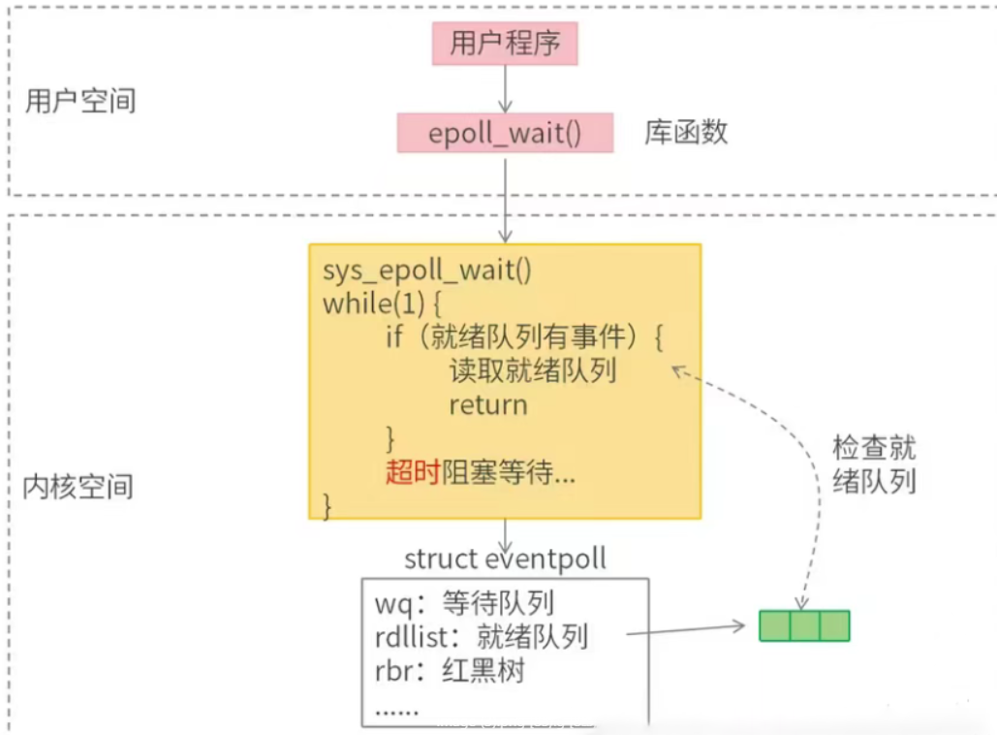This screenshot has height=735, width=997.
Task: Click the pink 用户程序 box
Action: [505, 44]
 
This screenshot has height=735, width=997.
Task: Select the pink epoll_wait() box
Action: [505, 133]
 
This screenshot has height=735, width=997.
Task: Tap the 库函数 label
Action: [686, 133]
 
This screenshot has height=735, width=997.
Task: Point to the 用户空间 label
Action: [80, 101]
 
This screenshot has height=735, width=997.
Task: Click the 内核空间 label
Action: [78, 486]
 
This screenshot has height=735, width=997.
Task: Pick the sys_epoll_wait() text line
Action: [427, 270]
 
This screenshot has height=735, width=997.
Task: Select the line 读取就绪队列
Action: [533, 370]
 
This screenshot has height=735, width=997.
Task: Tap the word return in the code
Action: [487, 404]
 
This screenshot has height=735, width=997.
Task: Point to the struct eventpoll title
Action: [505, 559]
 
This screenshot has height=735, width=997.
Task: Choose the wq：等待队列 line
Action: [464, 603]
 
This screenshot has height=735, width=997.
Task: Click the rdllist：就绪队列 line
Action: [481, 636]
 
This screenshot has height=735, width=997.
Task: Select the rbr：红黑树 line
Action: [450, 670]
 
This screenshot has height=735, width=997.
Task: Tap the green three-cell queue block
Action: [804, 625]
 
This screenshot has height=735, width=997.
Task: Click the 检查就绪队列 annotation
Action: [874, 464]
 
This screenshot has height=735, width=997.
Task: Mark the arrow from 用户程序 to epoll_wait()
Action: [505, 89]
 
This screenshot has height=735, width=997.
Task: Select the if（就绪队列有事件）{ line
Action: [524, 337]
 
